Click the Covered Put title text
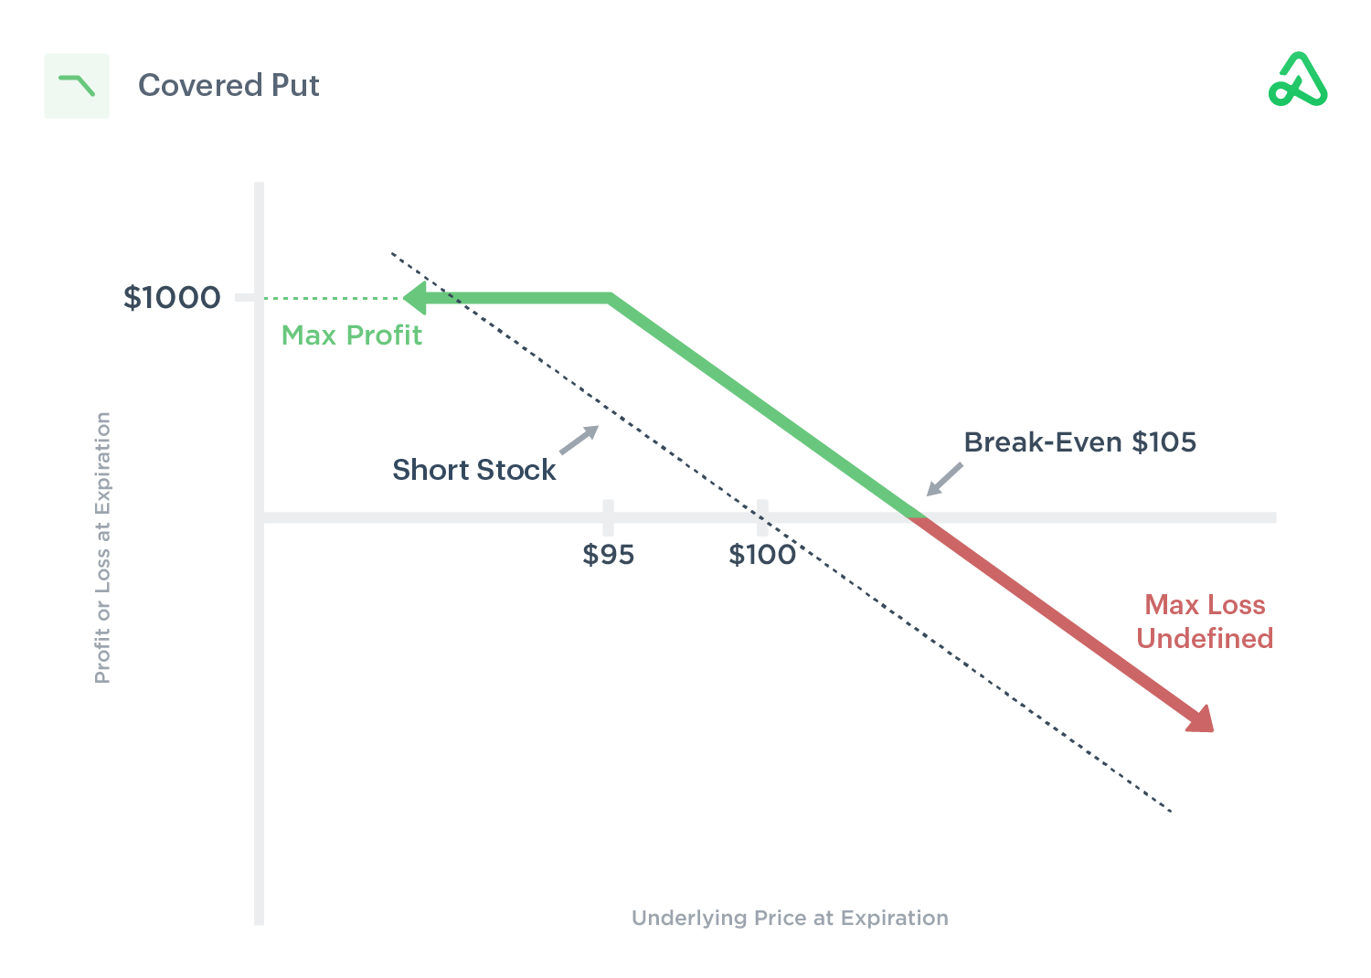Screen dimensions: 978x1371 pyautogui.click(x=228, y=85)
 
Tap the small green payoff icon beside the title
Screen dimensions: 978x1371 pyautogui.click(x=77, y=86)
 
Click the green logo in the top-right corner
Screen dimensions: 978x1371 pyautogui.click(x=1298, y=80)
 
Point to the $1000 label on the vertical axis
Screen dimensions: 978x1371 pyautogui.click(x=172, y=297)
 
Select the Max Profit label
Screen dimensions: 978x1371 pyautogui.click(x=351, y=335)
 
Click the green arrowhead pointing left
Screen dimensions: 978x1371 pyautogui.click(x=415, y=298)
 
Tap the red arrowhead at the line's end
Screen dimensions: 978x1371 pyautogui.click(x=1201, y=719)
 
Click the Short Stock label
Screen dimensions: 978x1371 pyautogui.click(x=473, y=470)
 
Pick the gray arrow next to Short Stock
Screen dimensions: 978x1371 pyautogui.click(x=579, y=440)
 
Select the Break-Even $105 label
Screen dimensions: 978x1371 pyautogui.click(x=1079, y=442)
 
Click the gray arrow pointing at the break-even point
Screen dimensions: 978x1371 pyautogui.click(x=945, y=479)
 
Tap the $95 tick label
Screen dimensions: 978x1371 pyautogui.click(x=608, y=555)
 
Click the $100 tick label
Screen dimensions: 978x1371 pyautogui.click(x=761, y=555)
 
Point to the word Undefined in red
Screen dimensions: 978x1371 pyautogui.click(x=1205, y=638)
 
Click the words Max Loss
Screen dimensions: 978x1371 pyautogui.click(x=1205, y=604)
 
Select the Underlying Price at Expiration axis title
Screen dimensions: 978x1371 pyautogui.click(x=790, y=918)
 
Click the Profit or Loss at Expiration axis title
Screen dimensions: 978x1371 pyautogui.click(x=102, y=547)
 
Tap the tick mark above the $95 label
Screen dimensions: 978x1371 pyautogui.click(x=608, y=516)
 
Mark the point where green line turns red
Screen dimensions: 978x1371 pyautogui.click(x=918, y=517)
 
